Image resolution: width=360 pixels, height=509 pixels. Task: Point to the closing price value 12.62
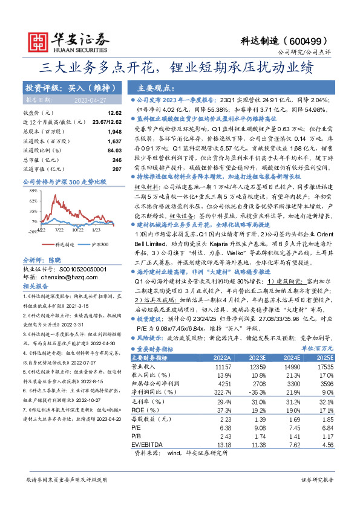114,113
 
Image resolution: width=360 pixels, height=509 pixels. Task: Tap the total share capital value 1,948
114,131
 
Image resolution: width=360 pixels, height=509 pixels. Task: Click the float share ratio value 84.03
114,150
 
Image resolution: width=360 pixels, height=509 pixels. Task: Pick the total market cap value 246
117,159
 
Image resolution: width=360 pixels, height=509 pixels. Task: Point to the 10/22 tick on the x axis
77,230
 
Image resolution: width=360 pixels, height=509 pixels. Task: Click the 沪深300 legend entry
99,244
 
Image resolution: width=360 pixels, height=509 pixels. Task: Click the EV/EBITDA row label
147,446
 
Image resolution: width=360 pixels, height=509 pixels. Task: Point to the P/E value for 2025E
327,427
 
